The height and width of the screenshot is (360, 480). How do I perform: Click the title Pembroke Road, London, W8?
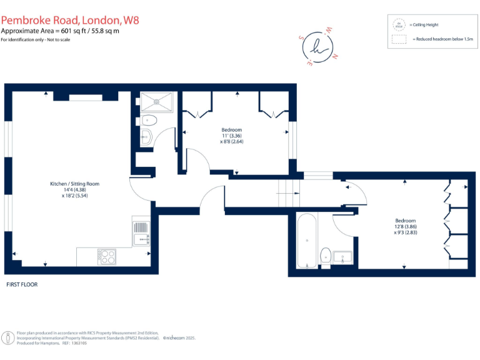click(70, 20)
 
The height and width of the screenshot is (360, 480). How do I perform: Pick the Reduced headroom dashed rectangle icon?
click(398, 39)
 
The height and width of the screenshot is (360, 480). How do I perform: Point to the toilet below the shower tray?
click(149, 120)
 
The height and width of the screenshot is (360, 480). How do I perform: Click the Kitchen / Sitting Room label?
click(75, 184)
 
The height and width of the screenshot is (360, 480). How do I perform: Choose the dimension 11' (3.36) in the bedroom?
click(231, 136)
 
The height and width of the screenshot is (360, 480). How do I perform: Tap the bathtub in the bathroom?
click(306, 241)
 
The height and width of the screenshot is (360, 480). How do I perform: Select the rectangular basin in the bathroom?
click(342, 256)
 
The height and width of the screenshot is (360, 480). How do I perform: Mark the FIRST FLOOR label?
click(22, 284)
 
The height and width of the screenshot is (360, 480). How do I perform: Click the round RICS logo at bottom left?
click(8, 338)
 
